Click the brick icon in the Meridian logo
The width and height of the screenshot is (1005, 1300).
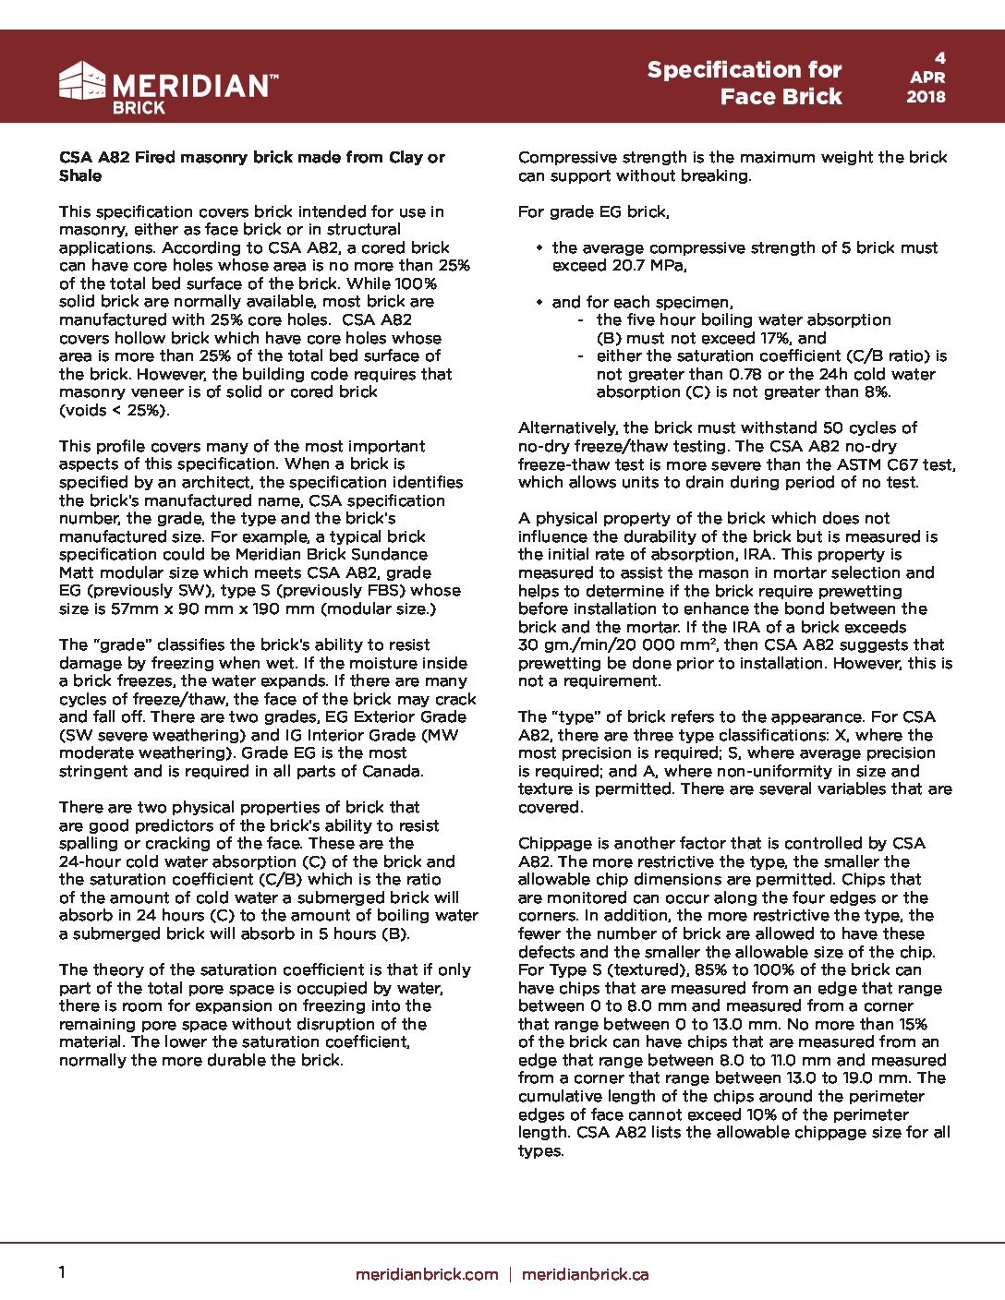pos(83,80)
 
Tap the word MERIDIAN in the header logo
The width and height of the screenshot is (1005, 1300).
pos(191,86)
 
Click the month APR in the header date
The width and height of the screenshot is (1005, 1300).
pos(926,78)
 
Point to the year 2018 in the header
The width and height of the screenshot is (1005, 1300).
pos(926,96)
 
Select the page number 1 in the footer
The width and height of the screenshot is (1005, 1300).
pos(62,1272)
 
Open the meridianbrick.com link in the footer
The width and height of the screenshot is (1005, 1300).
pos(427,1274)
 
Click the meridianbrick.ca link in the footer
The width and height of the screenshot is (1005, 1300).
pos(585,1274)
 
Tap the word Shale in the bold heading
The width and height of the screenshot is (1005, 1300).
pos(80,175)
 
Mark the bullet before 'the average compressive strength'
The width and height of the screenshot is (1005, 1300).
pos(539,248)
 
